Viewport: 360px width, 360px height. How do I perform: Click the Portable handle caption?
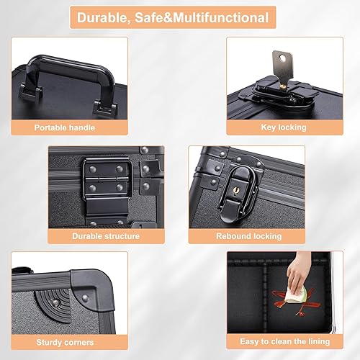click(x=69, y=127)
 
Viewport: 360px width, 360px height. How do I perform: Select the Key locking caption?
click(x=283, y=127)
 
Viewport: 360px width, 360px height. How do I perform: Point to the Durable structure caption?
click(x=106, y=235)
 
